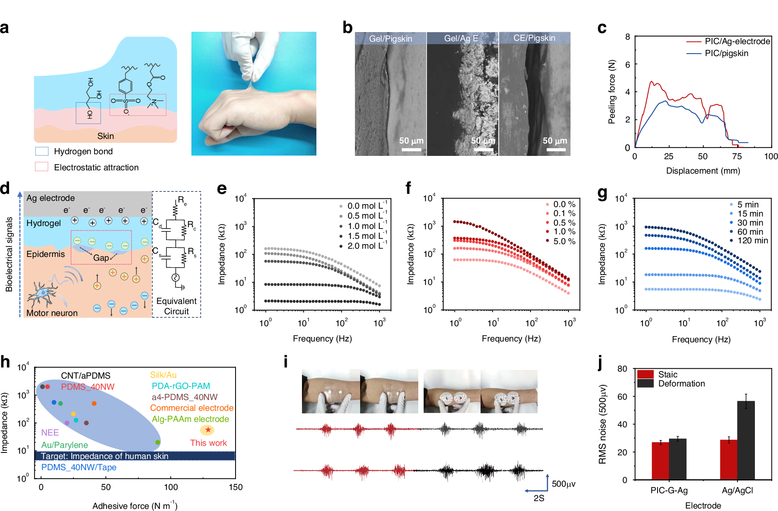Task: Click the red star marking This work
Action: (x=208, y=430)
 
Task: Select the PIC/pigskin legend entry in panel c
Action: (x=726, y=53)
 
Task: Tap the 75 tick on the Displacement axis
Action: (x=737, y=156)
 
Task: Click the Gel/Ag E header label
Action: (x=461, y=38)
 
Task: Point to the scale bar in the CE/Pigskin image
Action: (x=556, y=149)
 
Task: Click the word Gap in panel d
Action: (x=101, y=258)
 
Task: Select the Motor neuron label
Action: (x=52, y=313)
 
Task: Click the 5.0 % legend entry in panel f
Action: (x=564, y=241)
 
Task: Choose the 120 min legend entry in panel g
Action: (x=752, y=240)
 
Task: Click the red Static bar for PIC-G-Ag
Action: (x=660, y=461)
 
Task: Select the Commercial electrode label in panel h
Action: (x=191, y=408)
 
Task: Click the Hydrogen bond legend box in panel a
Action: (x=42, y=151)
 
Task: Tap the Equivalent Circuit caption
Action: (x=176, y=306)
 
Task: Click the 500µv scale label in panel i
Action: (x=563, y=484)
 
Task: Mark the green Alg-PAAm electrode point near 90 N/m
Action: (x=158, y=442)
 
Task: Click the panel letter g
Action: (x=602, y=193)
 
